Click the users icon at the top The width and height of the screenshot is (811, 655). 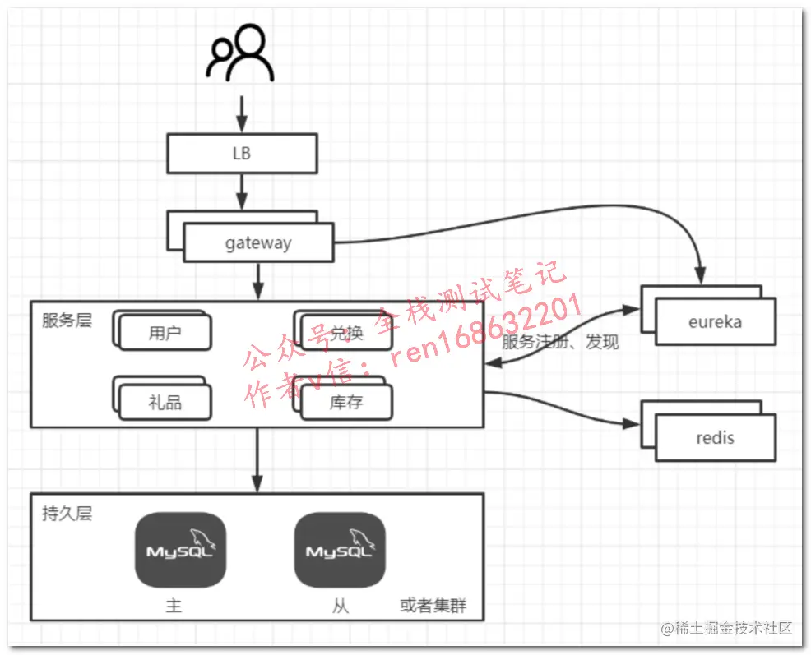coord(240,55)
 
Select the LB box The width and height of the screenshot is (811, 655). coord(242,154)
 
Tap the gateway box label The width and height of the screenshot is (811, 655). coord(258,243)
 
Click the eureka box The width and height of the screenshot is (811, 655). coord(715,321)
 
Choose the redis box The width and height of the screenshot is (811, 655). coord(715,437)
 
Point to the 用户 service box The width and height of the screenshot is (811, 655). coord(165,333)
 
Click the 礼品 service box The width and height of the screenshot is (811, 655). coord(165,402)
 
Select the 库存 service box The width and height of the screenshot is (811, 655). coord(346,402)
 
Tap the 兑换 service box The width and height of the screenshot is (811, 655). coord(346,333)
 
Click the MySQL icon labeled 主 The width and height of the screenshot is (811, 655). coord(180,550)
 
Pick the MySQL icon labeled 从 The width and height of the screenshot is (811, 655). coord(340,550)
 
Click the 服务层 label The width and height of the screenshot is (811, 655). coord(67,320)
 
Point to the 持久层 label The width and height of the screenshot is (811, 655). coord(67,514)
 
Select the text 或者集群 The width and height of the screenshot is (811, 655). coord(433,607)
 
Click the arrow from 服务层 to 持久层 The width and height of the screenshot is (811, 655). coord(257,460)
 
